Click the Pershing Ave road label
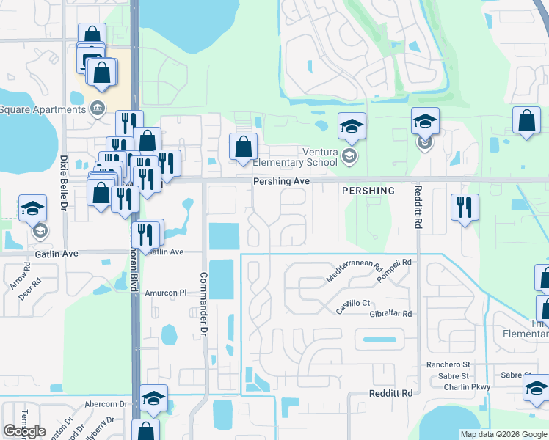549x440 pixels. tap(281, 181)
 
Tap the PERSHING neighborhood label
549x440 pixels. tap(368, 191)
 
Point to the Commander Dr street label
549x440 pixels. tap(203, 305)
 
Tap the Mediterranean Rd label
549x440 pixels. tap(355, 274)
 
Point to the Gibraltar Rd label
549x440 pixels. tap(392, 313)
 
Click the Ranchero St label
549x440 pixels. tap(448, 364)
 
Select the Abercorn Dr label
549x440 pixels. tap(106, 404)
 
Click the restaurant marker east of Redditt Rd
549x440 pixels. tap(465, 207)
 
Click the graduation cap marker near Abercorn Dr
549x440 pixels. tap(153, 397)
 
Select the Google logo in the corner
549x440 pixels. tap(24, 431)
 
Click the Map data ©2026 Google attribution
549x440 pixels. tap(503, 434)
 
